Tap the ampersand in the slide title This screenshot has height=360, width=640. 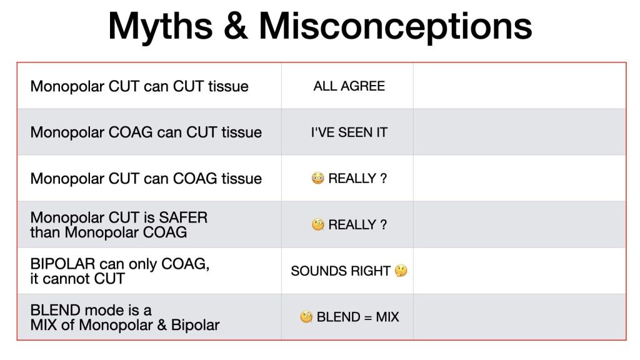(236, 26)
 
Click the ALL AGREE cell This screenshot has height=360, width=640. (349, 86)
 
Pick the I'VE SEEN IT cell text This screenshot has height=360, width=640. (349, 132)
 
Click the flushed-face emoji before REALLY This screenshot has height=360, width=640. (317, 178)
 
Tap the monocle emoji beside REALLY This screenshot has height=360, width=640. (317, 224)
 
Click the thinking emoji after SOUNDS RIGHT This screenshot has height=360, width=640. (401, 271)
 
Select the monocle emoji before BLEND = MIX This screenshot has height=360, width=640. (306, 317)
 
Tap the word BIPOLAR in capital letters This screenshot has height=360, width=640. (63, 264)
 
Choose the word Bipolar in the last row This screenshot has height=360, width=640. (195, 325)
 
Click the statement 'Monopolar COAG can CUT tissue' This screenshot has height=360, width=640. (146, 132)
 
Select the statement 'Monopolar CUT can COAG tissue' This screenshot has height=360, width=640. (146, 178)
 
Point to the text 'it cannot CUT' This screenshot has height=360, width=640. (77, 279)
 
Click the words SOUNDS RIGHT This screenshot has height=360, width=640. (341, 271)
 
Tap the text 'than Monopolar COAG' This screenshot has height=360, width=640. (109, 232)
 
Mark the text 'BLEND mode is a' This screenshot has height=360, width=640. (91, 310)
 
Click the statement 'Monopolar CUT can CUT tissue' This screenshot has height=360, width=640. (139, 86)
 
